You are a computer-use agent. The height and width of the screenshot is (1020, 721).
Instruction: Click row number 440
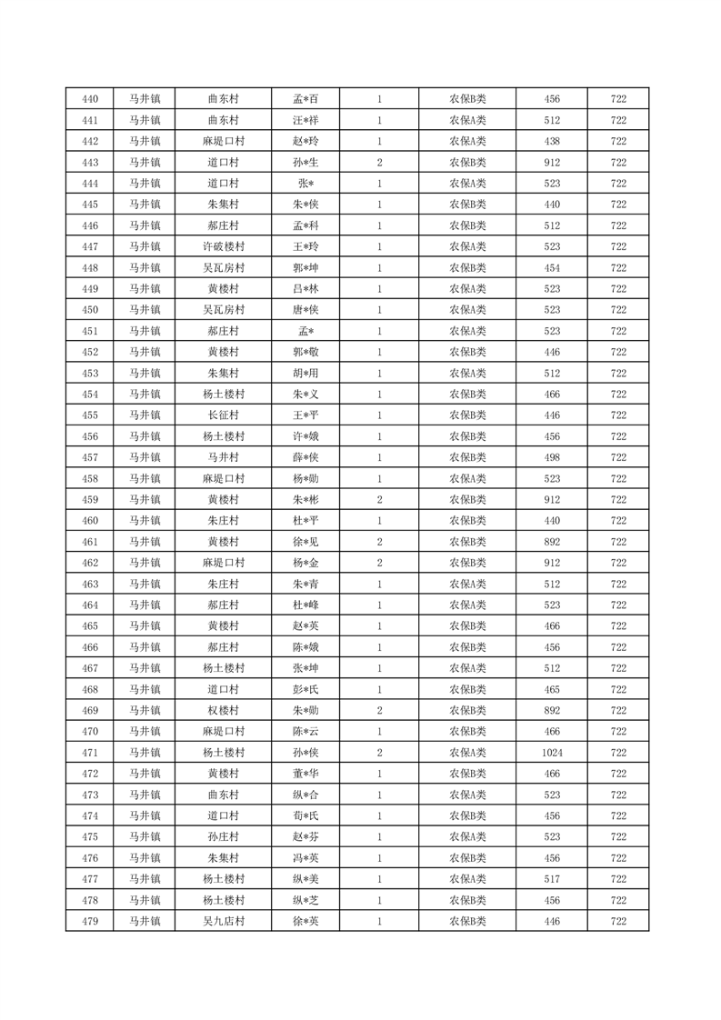[x=90, y=99]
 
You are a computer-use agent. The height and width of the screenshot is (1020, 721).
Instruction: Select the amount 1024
[x=552, y=753]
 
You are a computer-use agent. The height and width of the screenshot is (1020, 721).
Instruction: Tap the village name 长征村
[x=224, y=415]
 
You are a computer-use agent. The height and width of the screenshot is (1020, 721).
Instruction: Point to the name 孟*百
[x=305, y=99]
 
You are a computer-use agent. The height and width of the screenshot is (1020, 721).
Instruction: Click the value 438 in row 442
[x=552, y=141]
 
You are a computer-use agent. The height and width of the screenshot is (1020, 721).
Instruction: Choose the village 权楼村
[x=224, y=711]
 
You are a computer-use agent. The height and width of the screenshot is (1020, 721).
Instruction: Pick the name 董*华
[x=305, y=774]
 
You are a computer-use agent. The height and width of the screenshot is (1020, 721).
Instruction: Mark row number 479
[x=90, y=921]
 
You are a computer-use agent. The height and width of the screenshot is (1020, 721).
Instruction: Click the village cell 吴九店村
[x=224, y=921]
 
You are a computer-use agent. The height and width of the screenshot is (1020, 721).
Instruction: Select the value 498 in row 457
[x=552, y=457]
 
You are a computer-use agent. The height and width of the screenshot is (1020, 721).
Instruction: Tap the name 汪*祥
[x=305, y=120]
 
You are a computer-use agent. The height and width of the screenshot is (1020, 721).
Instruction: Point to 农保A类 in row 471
[x=467, y=753]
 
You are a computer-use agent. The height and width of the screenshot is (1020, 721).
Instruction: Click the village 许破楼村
[x=224, y=246]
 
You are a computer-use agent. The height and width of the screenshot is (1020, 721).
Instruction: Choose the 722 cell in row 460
[x=618, y=521]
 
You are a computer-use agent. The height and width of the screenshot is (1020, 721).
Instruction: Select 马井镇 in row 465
[x=144, y=626]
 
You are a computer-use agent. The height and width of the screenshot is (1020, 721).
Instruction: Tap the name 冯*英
[x=305, y=858]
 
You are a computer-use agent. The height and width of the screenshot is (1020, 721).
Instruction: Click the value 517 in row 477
[x=552, y=879]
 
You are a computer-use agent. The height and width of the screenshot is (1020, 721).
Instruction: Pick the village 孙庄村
[x=224, y=837]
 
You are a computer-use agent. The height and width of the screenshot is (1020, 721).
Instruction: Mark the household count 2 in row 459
[x=379, y=500]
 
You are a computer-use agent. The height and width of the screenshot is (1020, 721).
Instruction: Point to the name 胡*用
[x=305, y=373]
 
